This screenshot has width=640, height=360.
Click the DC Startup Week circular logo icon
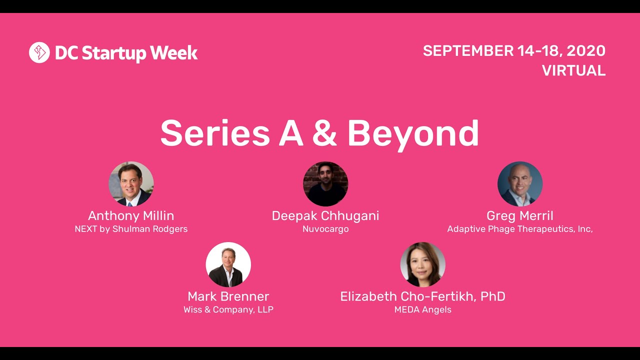39,52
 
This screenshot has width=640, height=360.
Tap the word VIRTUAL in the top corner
573,70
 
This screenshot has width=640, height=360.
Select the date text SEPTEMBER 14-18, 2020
514,50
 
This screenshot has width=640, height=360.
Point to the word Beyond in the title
413,133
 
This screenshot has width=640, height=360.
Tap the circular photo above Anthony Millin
131,184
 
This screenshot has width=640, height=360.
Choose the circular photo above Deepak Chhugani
325,184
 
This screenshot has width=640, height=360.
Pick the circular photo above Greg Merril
520,184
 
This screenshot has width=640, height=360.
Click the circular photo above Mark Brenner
228,264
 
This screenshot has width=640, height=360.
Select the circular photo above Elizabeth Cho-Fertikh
423,264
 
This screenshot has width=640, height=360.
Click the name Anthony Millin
131,216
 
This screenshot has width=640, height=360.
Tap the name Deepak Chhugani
325,216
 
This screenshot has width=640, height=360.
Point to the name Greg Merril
520,216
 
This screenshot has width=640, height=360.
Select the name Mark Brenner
228,296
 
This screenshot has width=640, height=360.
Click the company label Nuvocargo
325,229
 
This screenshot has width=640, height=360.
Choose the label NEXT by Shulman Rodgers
131,229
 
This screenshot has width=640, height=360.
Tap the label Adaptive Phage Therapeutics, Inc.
520,229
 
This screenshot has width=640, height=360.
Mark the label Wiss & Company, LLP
228,309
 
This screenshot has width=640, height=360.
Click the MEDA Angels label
423,309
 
